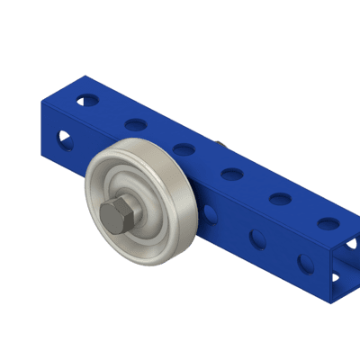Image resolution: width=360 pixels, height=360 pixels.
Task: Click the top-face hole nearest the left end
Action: [x=88, y=99]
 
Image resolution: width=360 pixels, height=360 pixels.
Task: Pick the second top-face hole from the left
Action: [x=137, y=123]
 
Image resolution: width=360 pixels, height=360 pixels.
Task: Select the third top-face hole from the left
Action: [x=184, y=148]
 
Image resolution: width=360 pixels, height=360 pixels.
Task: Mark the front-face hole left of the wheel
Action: [x=65, y=139]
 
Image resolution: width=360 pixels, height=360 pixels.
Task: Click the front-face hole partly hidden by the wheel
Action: [x=210, y=213]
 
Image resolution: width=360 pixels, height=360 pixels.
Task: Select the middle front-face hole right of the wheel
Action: [x=257, y=238]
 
